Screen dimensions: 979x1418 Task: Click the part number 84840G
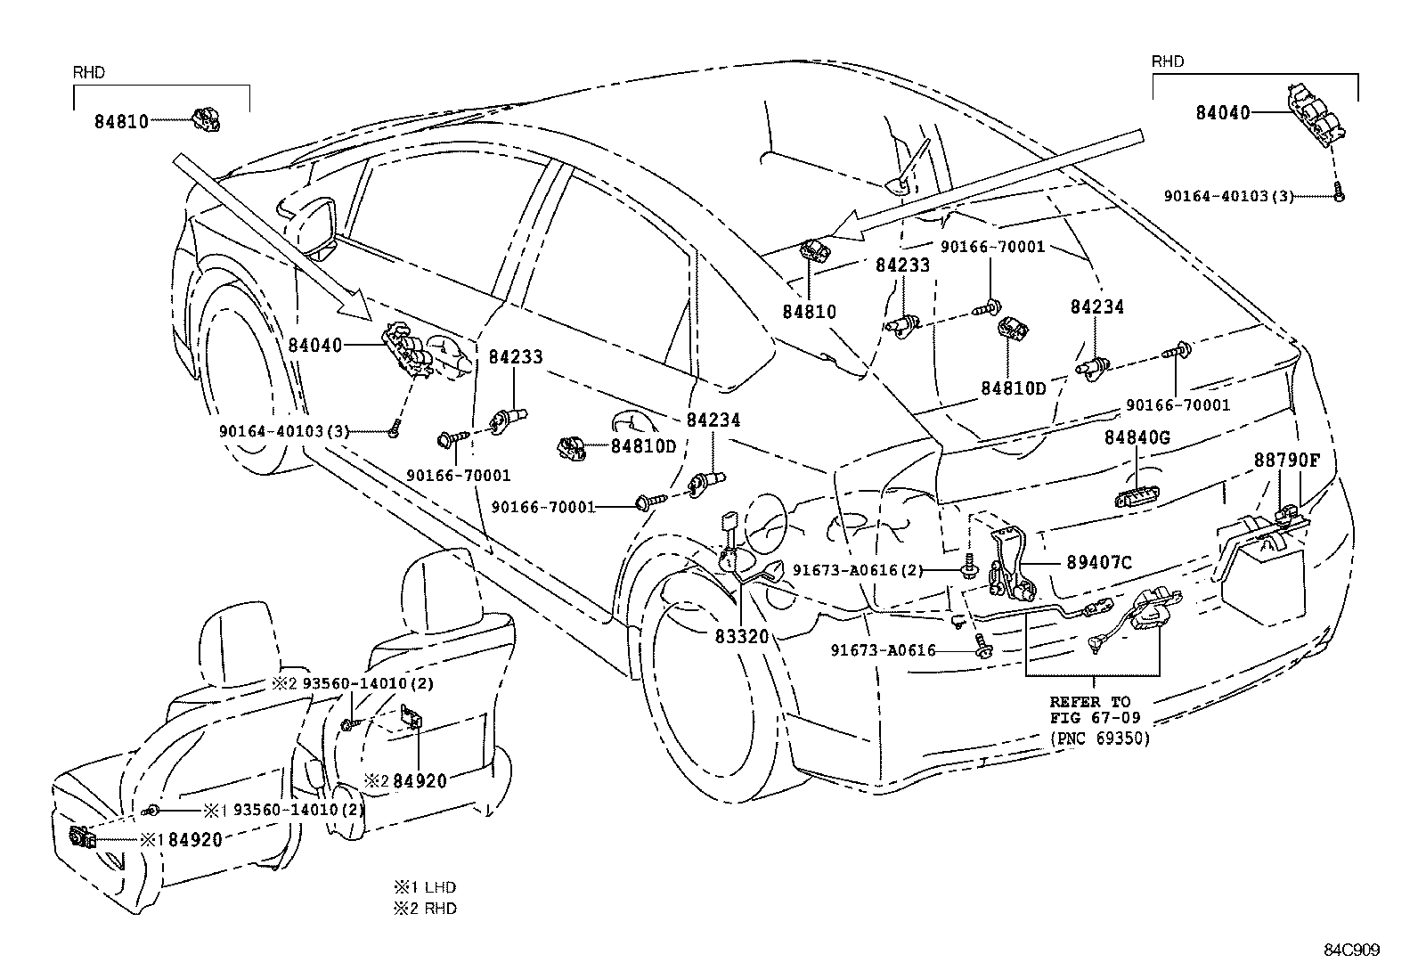tap(1137, 437)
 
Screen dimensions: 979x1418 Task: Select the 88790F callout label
tap(1287, 461)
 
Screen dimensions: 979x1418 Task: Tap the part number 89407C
tap(1099, 563)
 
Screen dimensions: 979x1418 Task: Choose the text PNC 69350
tap(1100, 738)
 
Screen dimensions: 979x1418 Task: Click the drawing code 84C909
tap(1351, 950)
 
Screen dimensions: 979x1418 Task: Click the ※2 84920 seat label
tap(406, 781)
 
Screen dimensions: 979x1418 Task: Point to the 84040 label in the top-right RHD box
tap(1222, 113)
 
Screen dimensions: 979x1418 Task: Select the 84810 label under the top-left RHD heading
tap(121, 120)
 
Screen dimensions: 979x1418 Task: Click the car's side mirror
tap(317, 218)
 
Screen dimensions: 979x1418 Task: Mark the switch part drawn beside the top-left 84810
tap(207, 118)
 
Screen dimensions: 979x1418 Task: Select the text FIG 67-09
tap(1089, 719)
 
